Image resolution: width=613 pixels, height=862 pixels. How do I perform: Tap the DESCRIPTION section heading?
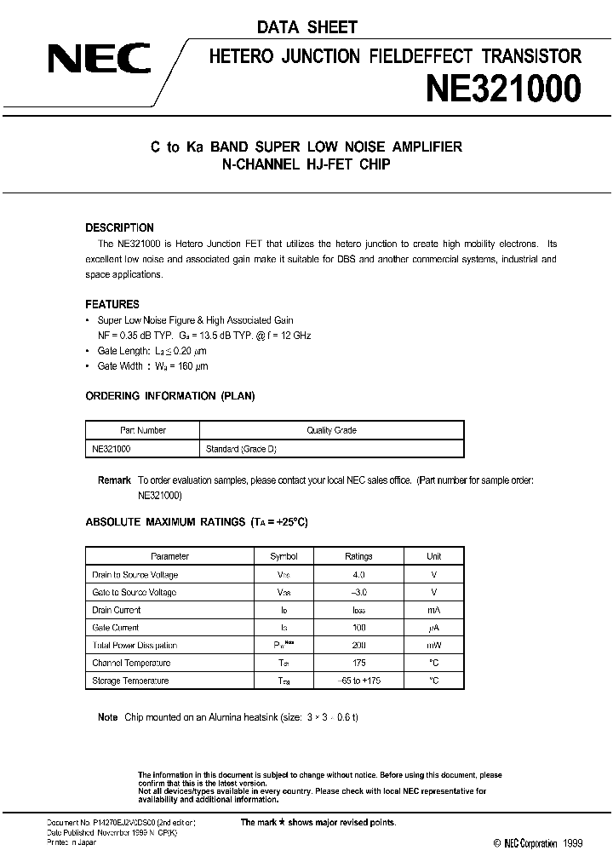[120, 228]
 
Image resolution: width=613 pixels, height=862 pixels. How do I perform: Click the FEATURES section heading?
[112, 304]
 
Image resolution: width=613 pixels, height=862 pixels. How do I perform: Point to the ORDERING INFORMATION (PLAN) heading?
[170, 396]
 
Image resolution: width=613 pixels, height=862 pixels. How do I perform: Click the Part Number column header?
[142, 430]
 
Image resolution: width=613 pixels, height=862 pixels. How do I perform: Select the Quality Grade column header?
[331, 430]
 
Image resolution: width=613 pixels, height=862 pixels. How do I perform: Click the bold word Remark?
[114, 480]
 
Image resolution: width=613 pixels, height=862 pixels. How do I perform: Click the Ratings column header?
[358, 556]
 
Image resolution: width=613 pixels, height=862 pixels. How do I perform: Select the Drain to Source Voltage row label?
[135, 575]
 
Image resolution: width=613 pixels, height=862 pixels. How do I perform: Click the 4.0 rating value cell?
[358, 575]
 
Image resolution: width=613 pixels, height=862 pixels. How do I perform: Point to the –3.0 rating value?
[358, 592]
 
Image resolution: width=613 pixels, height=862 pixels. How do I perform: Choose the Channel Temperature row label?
[131, 663]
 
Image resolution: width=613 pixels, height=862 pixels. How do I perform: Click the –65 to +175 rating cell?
[358, 681]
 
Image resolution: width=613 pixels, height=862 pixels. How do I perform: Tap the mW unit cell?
[434, 646]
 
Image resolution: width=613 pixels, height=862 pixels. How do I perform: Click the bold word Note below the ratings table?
[108, 717]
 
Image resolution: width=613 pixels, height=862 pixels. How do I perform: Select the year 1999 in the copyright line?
[571, 843]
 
